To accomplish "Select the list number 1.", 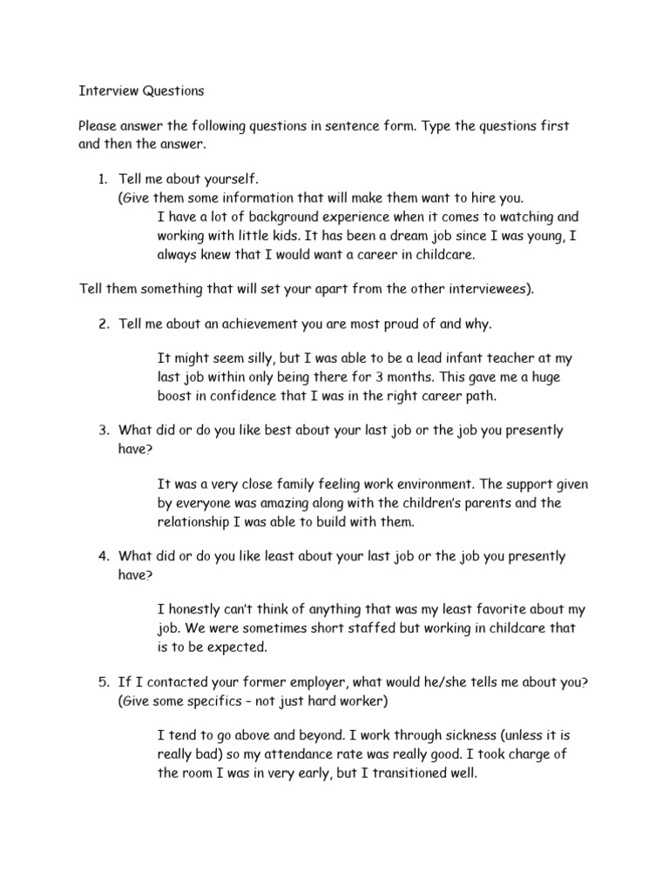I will (x=101, y=179).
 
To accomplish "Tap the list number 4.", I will (x=102, y=556).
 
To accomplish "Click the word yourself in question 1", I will (x=229, y=179).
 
